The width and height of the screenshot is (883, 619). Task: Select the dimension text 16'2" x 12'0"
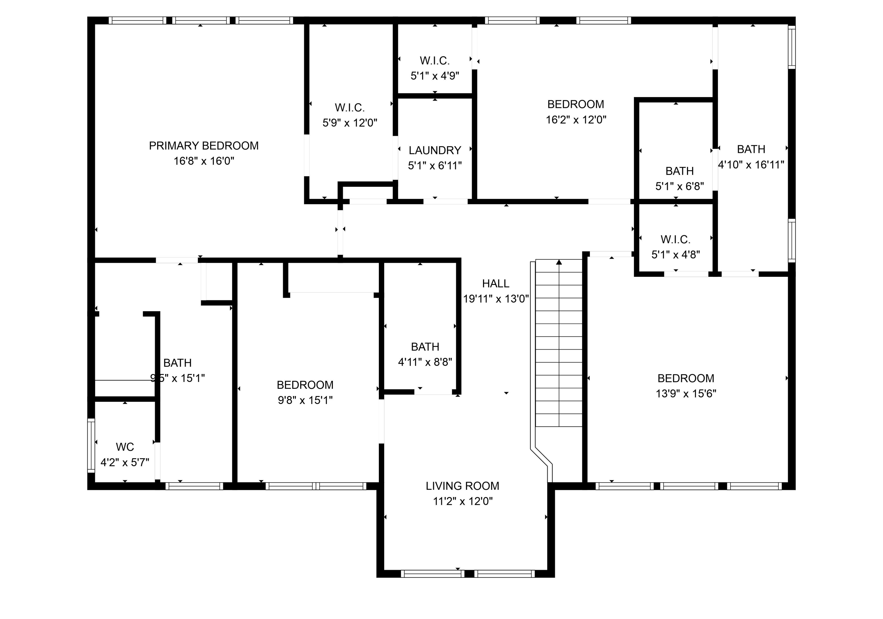tap(576, 120)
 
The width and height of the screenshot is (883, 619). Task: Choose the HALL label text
tap(495, 283)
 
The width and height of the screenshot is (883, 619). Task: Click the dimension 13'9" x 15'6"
tap(686, 393)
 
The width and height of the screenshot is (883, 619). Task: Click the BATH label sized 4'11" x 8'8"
tap(425, 347)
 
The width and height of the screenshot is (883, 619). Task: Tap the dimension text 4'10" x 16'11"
tap(751, 165)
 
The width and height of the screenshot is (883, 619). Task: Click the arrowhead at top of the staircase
tap(559, 262)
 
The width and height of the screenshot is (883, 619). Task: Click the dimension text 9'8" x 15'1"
tap(305, 401)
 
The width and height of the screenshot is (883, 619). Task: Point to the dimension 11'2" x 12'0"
tap(462, 501)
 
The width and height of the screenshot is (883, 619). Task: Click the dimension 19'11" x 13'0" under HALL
tap(495, 299)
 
